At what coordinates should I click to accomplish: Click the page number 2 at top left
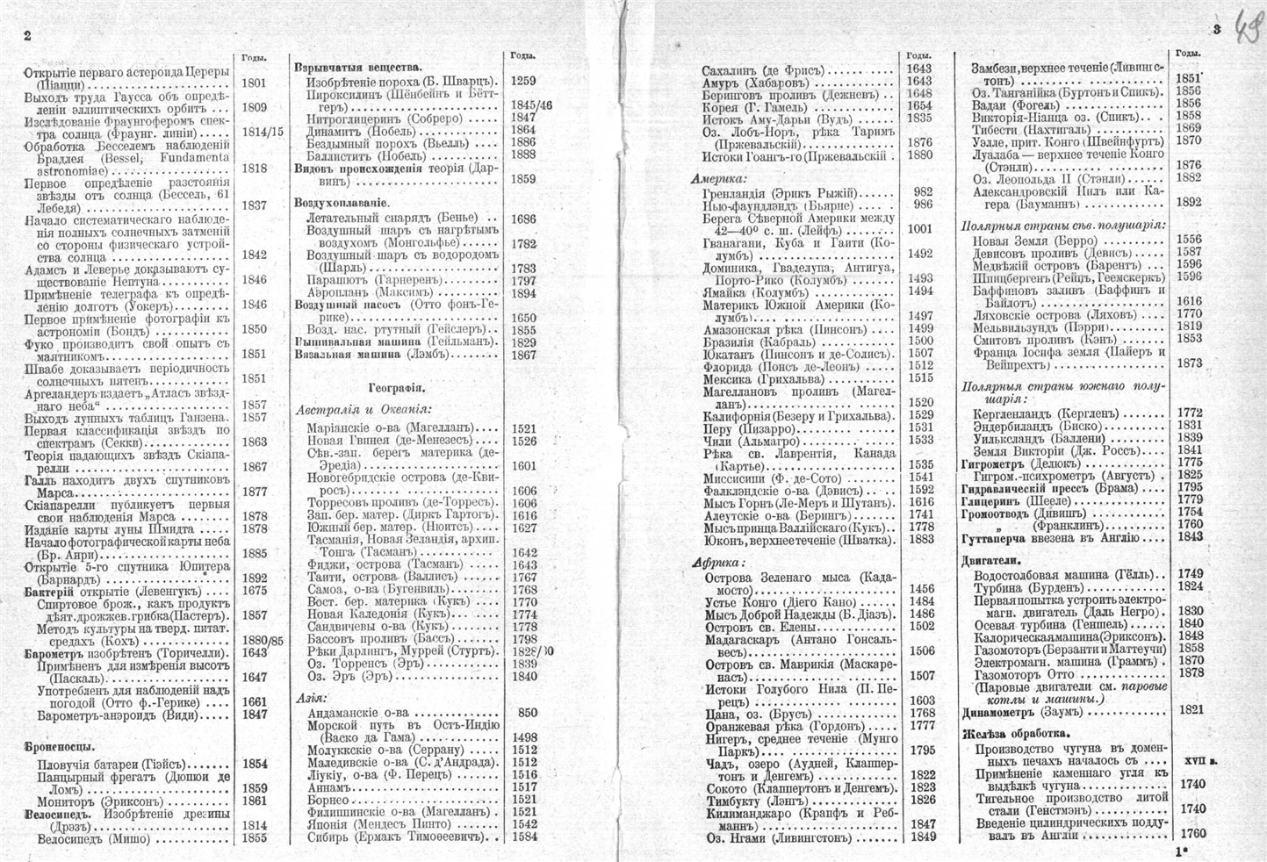click(x=27, y=36)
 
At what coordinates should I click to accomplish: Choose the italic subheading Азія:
click(x=311, y=699)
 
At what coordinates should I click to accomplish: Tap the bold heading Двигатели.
click(x=990, y=559)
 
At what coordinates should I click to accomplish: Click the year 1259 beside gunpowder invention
click(x=522, y=81)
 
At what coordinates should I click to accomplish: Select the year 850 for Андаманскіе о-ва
click(x=528, y=714)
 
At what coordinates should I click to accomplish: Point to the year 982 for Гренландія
click(x=922, y=192)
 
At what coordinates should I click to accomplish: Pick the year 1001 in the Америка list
click(x=920, y=228)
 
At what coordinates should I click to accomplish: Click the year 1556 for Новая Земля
click(x=1189, y=240)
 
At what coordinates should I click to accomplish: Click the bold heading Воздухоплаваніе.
click(x=342, y=203)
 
